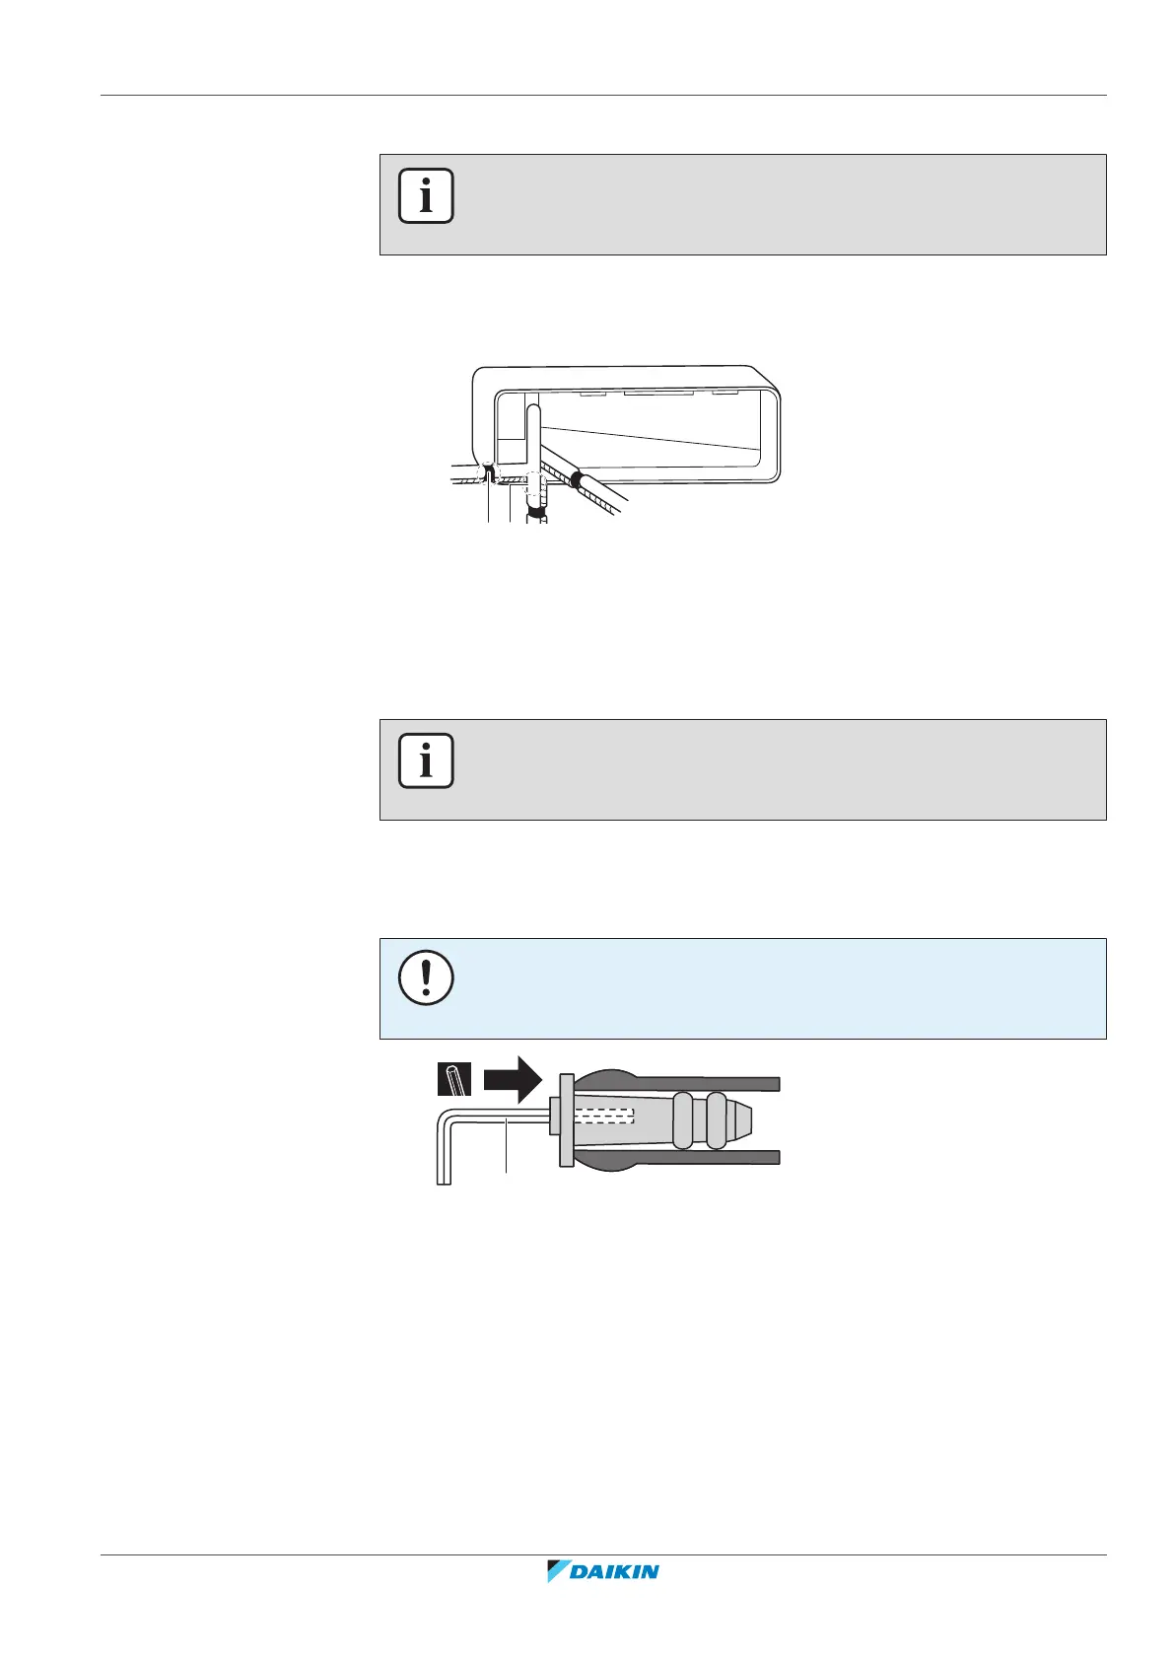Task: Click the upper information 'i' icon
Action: click(426, 196)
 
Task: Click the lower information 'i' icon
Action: click(426, 760)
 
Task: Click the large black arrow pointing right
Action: click(513, 1079)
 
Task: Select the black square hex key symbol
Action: click(453, 1079)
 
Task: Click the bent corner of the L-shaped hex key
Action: click(446, 1119)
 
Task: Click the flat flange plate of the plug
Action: click(566, 1120)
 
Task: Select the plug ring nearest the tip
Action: click(716, 1119)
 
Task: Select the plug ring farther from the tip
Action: click(682, 1119)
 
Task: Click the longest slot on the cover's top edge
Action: click(657, 392)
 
